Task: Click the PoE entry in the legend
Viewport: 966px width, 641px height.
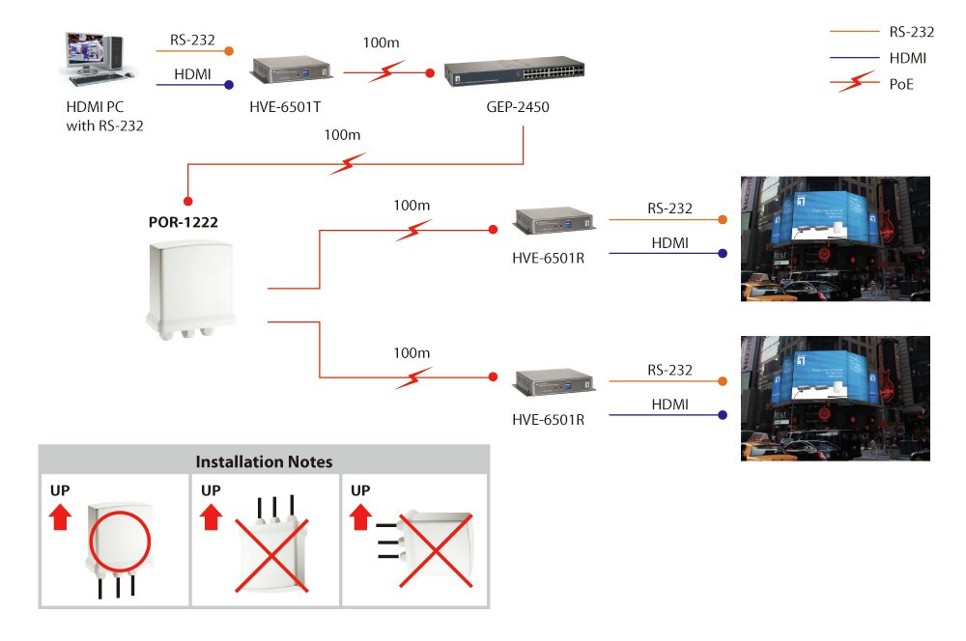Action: (899, 84)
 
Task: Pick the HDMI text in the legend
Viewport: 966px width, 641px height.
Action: (908, 58)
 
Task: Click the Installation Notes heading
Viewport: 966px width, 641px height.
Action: (264, 461)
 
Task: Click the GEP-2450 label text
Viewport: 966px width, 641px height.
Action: (518, 107)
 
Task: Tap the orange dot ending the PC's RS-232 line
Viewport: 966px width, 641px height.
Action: (229, 50)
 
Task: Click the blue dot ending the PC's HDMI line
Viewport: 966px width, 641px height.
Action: (229, 85)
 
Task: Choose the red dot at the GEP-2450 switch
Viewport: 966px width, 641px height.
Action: (431, 72)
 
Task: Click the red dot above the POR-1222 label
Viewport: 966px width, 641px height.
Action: (187, 201)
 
